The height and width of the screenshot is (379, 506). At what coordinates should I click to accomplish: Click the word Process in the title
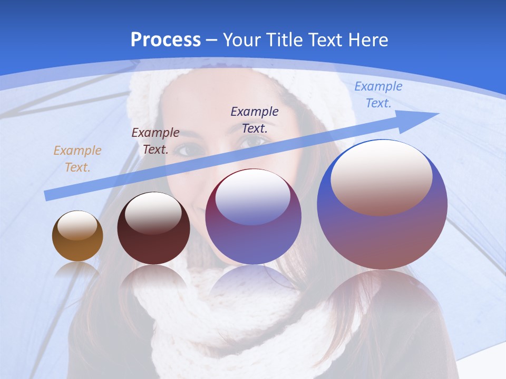point(166,39)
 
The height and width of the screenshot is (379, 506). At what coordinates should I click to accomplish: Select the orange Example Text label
point(77,159)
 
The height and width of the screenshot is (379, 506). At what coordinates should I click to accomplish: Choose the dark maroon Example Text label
point(155,141)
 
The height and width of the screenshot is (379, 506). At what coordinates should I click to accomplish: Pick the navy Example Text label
point(255,119)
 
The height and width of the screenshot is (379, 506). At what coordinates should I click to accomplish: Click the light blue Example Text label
point(378,95)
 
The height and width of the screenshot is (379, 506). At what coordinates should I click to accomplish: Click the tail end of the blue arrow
point(48,195)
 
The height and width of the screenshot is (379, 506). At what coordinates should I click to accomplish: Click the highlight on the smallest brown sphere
point(77,225)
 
